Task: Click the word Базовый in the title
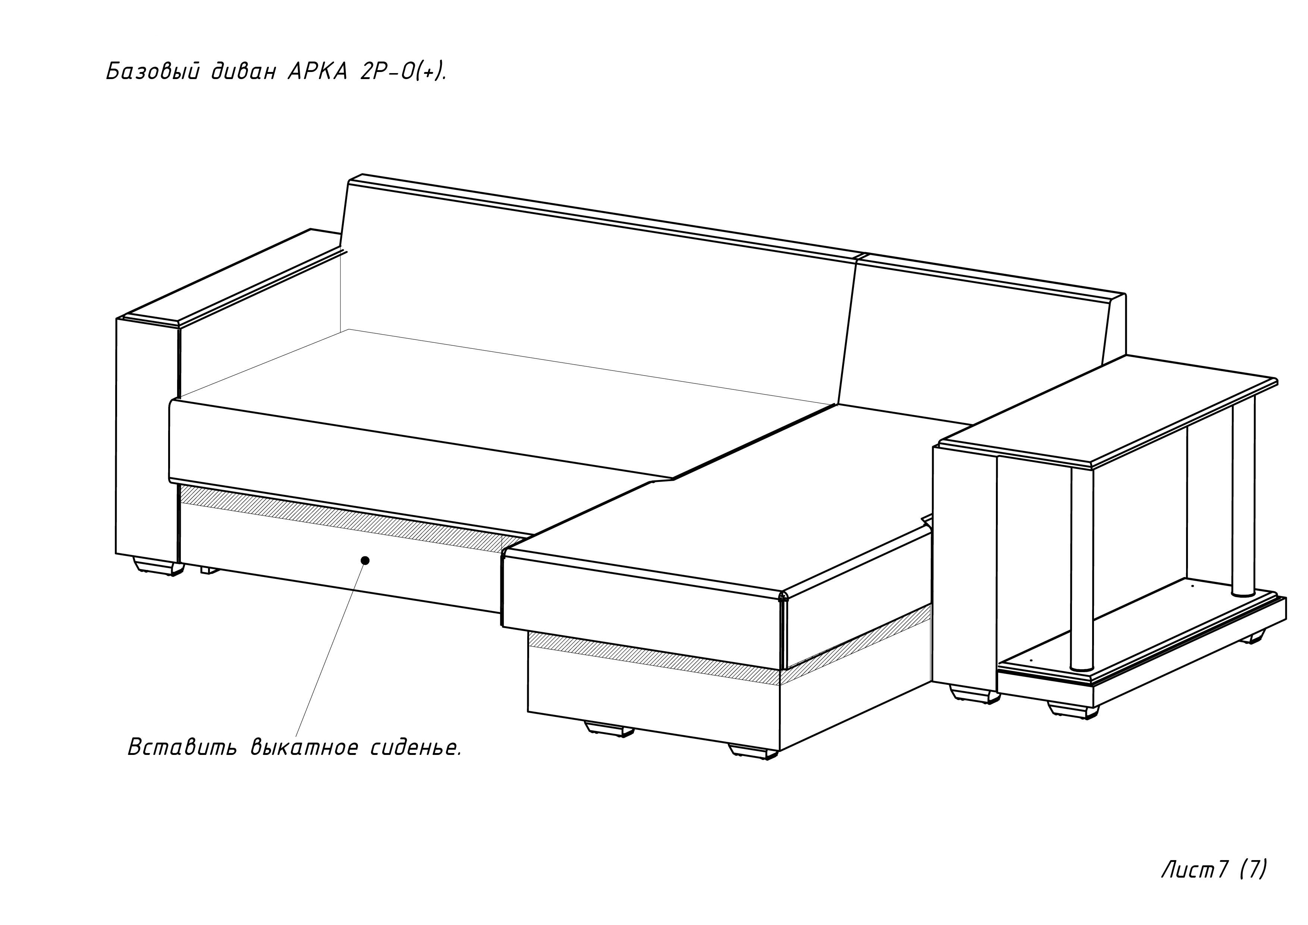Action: point(152,72)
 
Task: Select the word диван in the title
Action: point(244,72)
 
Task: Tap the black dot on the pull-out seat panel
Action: point(365,560)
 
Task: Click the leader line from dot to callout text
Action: point(330,650)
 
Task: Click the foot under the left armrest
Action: point(154,567)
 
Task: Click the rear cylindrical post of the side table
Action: point(1243,502)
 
